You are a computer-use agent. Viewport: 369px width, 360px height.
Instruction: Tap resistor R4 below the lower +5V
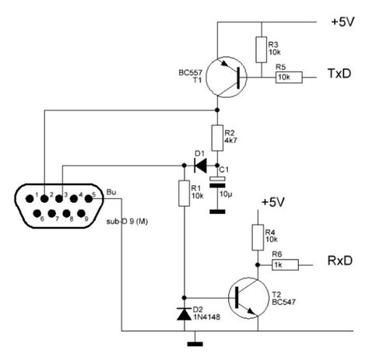[256, 236]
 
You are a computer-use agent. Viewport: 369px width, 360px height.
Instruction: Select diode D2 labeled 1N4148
[184, 313]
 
